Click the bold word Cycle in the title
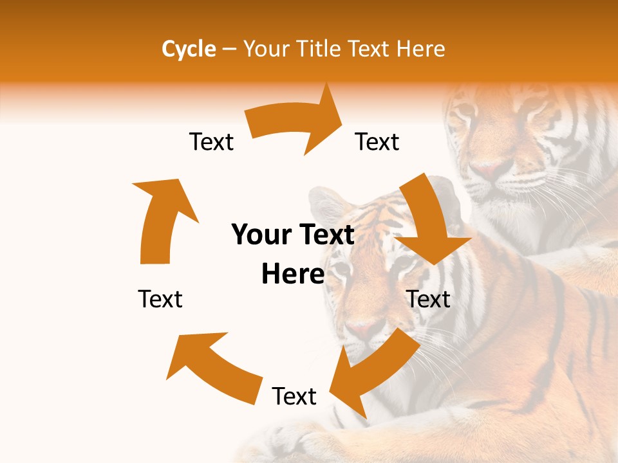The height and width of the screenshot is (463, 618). point(189,49)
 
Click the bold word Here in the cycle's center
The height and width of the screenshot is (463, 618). point(293,275)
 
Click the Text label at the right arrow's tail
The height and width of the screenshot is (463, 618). point(211,142)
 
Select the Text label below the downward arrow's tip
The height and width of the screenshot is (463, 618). point(429,299)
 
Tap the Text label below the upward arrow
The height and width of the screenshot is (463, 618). point(160,299)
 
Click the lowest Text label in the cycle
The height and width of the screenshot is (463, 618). point(294,396)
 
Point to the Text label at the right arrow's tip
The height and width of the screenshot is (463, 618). point(377,142)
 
